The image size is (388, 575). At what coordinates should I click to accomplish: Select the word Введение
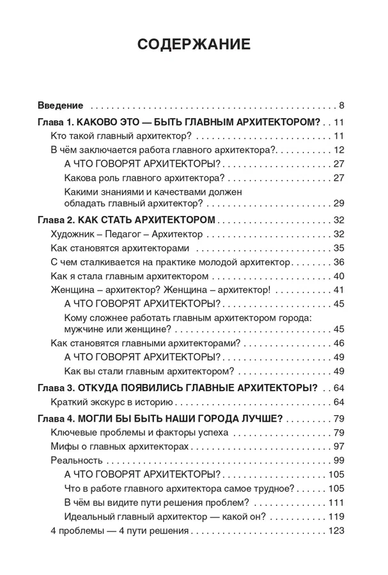(61, 105)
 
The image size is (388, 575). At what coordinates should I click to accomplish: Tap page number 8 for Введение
(342, 105)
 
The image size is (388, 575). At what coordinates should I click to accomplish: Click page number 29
(339, 203)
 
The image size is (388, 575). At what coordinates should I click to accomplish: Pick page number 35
(339, 248)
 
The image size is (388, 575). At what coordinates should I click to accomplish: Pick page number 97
(339, 446)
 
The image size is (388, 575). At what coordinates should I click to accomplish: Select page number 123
(336, 531)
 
